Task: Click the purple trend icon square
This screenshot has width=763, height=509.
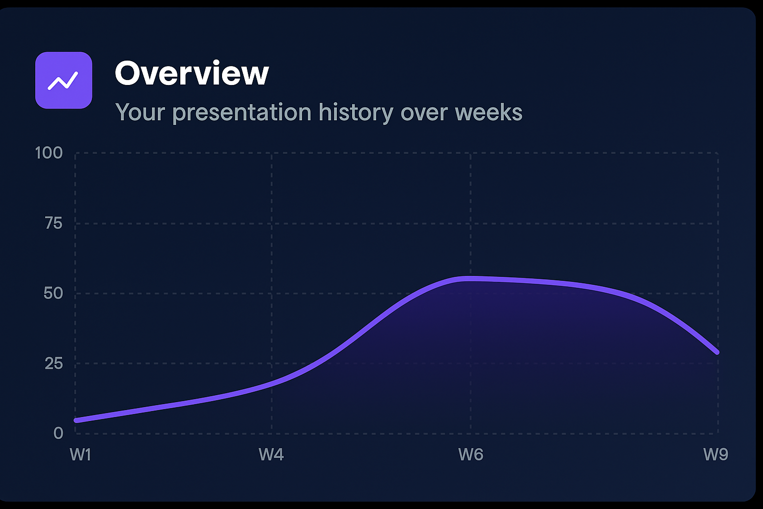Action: [64, 80]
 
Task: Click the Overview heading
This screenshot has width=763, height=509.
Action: [192, 73]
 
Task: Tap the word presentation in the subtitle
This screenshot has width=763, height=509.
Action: [242, 113]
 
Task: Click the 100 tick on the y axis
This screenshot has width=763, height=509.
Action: [49, 153]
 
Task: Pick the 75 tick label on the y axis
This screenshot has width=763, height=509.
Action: [53, 223]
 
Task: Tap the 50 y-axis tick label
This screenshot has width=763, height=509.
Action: [53, 293]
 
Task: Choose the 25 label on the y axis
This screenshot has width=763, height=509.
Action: [53, 363]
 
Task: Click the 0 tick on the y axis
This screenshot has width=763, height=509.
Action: [58, 433]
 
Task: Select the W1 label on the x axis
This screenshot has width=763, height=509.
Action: [80, 454]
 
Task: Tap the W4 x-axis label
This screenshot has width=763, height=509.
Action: [271, 454]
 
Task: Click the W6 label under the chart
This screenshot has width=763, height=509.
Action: [470, 454]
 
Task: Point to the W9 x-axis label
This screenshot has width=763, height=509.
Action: [715, 454]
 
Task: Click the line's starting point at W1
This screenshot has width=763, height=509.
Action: [76, 421]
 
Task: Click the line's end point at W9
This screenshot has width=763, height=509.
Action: [717, 352]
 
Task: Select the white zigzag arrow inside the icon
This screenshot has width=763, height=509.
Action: [63, 81]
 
